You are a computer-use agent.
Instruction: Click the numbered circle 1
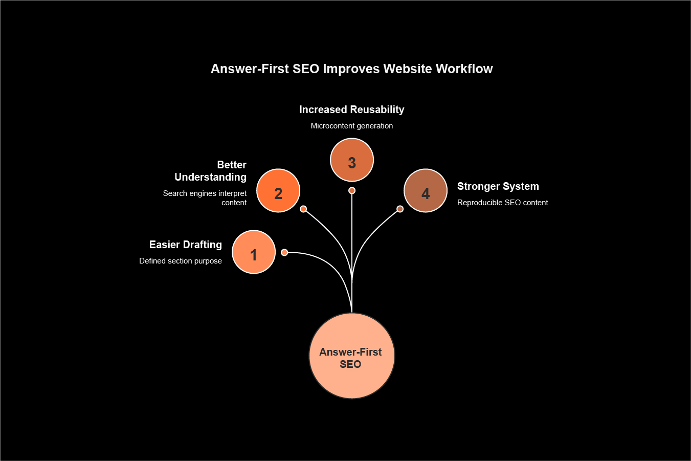tap(254, 252)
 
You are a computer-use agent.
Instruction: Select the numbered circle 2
tap(278, 191)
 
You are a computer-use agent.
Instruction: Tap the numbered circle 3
tap(352, 160)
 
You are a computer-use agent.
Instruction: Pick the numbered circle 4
tap(426, 191)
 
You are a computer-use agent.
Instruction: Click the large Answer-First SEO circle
tap(352, 356)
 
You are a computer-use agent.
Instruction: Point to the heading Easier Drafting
tap(186, 245)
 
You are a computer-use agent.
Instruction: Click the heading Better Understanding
tap(211, 171)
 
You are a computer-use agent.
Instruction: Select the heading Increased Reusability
tap(352, 109)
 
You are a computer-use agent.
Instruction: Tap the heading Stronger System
tap(498, 186)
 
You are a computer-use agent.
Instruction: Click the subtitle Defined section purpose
tap(181, 261)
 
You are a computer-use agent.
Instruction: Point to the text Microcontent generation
tap(352, 126)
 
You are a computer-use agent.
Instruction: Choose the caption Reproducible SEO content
tap(503, 203)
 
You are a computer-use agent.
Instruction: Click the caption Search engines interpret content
tap(205, 198)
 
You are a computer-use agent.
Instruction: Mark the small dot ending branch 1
tap(285, 252)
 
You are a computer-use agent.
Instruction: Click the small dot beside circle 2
tap(303, 209)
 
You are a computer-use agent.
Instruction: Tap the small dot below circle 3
tap(352, 191)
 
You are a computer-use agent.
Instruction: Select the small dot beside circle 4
tap(400, 209)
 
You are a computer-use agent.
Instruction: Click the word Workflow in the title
tap(464, 69)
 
